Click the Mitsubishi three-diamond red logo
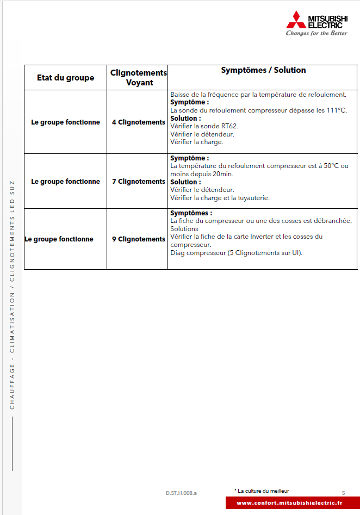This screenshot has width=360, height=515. pos(296,20)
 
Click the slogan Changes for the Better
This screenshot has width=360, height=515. pos(316,33)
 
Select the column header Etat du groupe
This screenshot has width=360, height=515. pos(65,78)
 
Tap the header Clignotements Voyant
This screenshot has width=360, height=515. pos(139,78)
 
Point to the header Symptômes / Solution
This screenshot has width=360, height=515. pos(263,70)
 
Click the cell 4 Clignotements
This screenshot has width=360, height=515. pos(138,122)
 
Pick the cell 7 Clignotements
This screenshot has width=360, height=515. pos(138,182)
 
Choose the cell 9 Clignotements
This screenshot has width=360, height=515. pos(138,239)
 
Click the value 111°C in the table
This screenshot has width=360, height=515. pos(336,110)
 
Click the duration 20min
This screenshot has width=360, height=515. pos(222,174)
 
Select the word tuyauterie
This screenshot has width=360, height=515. pos(253,198)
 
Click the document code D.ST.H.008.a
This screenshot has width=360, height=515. pos(182,493)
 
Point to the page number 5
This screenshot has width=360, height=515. pos(343,493)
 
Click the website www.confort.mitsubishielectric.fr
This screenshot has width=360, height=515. pos(289,503)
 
